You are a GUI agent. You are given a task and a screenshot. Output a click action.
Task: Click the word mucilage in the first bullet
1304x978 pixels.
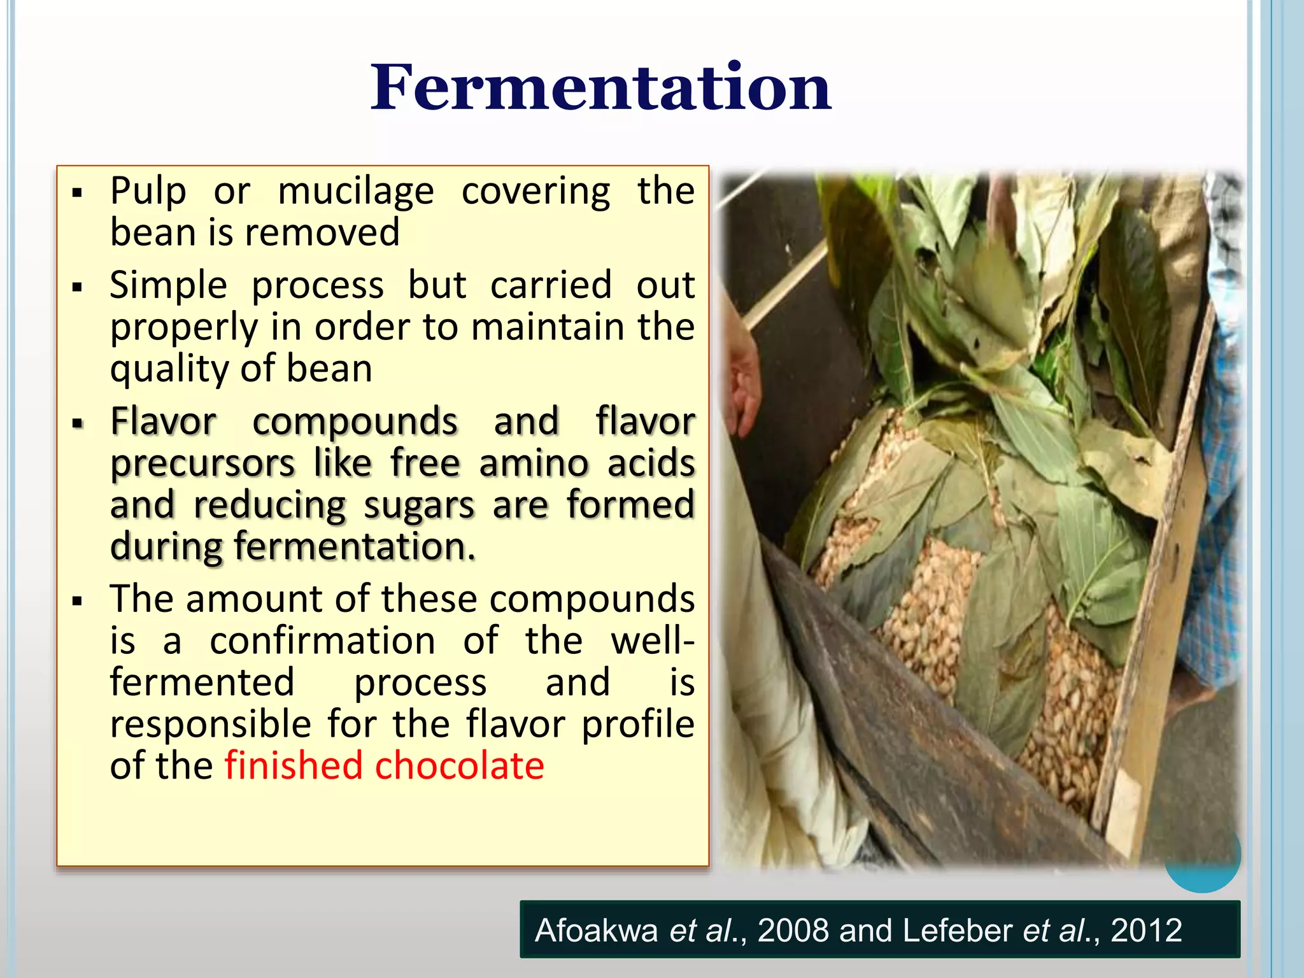[356, 191]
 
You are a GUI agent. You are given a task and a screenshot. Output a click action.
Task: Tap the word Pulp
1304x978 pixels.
[148, 191]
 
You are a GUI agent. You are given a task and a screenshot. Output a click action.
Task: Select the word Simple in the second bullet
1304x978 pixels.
[168, 285]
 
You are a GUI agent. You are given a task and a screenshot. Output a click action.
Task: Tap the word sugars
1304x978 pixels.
[419, 506]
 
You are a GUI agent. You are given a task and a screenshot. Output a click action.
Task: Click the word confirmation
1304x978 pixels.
[322, 641]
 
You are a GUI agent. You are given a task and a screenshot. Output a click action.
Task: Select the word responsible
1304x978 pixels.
[210, 725]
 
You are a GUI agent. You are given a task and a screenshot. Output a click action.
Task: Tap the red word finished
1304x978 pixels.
[293, 766]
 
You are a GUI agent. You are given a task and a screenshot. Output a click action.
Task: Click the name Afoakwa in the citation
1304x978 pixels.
[596, 930]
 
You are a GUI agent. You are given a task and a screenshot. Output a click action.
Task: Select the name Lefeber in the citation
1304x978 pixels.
[957, 930]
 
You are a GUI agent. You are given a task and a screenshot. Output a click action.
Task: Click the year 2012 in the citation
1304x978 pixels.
[1146, 930]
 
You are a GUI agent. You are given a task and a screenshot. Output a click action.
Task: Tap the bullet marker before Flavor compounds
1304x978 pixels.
[78, 423]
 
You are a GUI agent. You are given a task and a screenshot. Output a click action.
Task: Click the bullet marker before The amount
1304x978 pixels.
[78, 600]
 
